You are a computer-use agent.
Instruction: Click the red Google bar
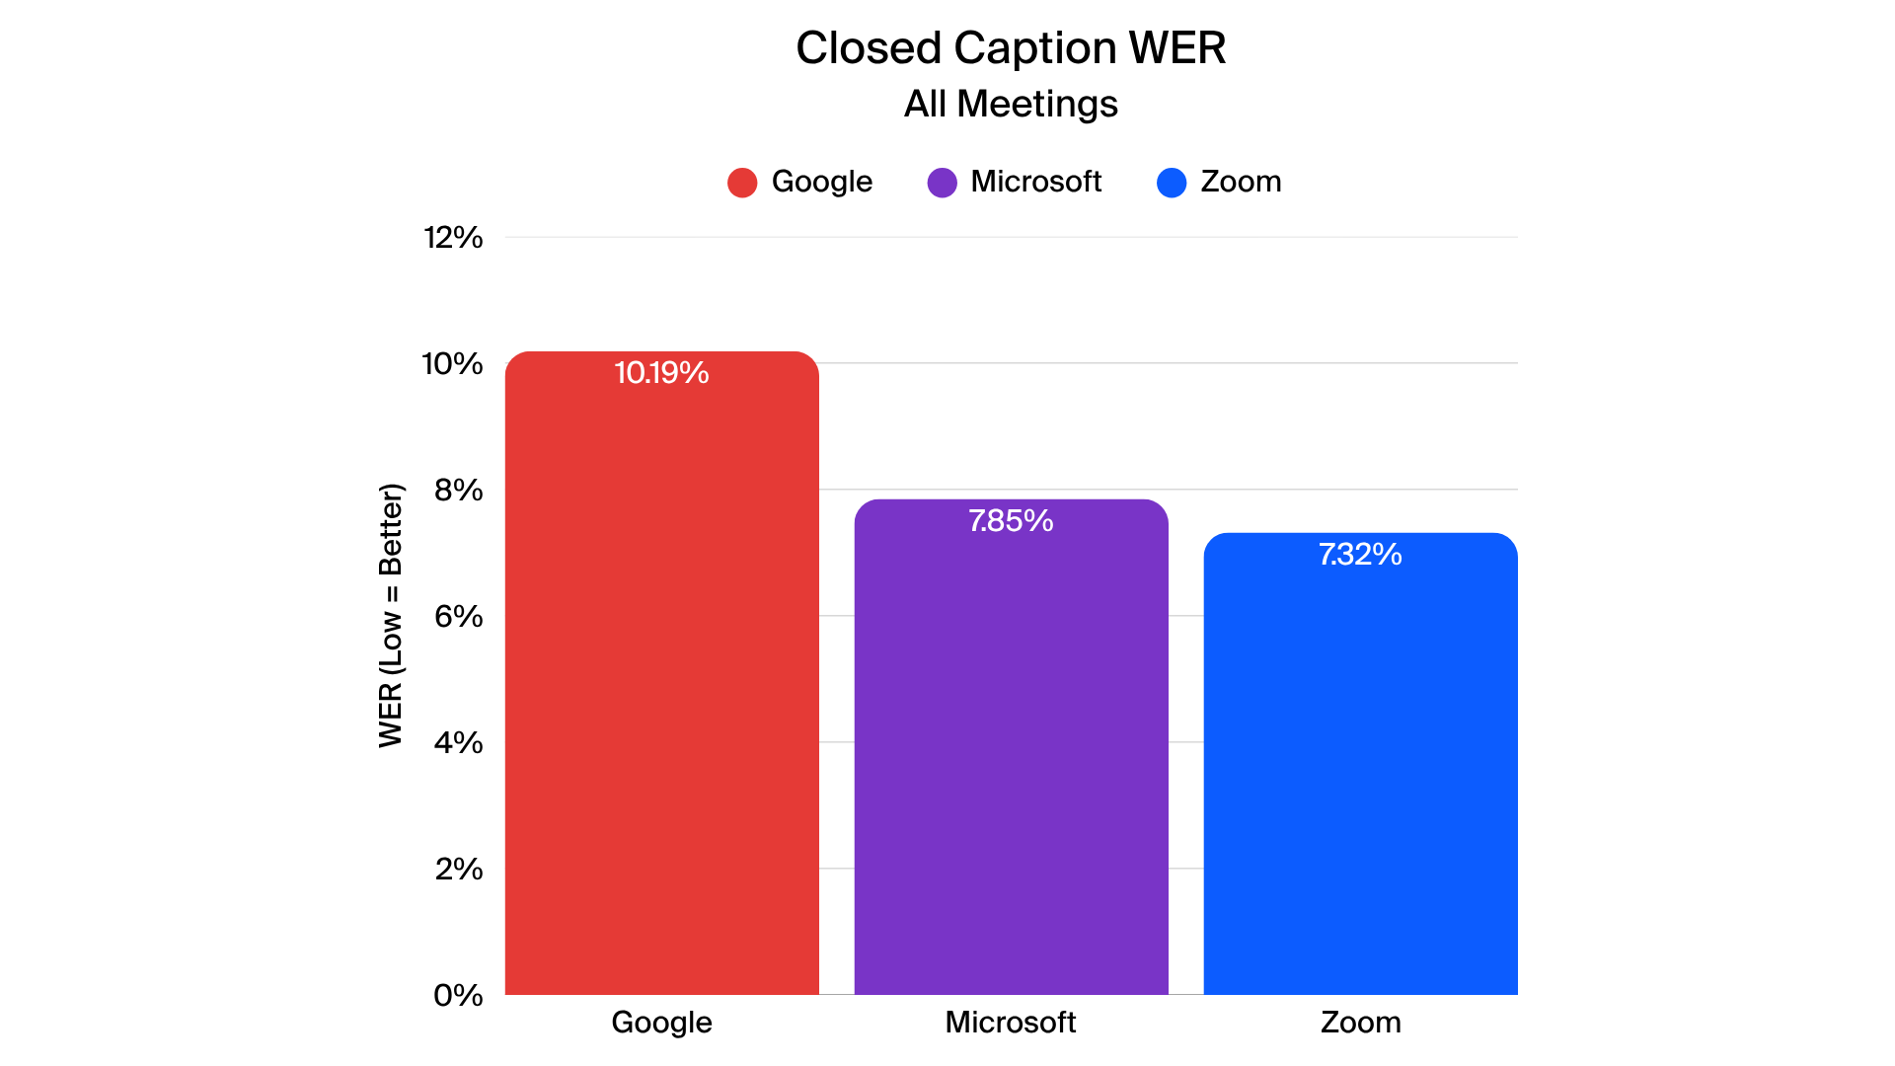[x=661, y=681]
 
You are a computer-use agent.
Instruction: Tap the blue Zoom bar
[x=1360, y=770]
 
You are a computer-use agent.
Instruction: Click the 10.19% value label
[x=661, y=373]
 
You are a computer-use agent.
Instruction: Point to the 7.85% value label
[x=1011, y=521]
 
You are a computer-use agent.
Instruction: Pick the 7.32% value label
[x=1360, y=555]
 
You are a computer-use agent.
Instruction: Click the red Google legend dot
[x=742, y=183]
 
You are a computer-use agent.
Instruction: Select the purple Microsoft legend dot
[x=942, y=183]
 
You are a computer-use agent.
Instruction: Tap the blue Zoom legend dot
[x=1172, y=183]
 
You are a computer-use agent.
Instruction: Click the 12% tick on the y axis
[x=453, y=238]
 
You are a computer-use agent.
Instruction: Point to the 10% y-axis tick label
[x=453, y=364]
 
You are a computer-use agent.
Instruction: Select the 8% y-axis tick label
[x=458, y=491]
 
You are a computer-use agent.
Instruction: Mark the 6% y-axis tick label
[x=458, y=617]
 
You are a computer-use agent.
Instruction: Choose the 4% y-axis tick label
[x=458, y=743]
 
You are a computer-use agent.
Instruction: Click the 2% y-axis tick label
[x=458, y=870]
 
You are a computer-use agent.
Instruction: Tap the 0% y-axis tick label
[x=458, y=996]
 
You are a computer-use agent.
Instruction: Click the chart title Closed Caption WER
[x=1011, y=48]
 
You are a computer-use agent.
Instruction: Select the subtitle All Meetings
[x=1011, y=104]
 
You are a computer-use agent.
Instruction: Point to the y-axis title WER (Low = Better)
[x=391, y=616]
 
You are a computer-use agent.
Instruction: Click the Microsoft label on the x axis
[x=1011, y=1023]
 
